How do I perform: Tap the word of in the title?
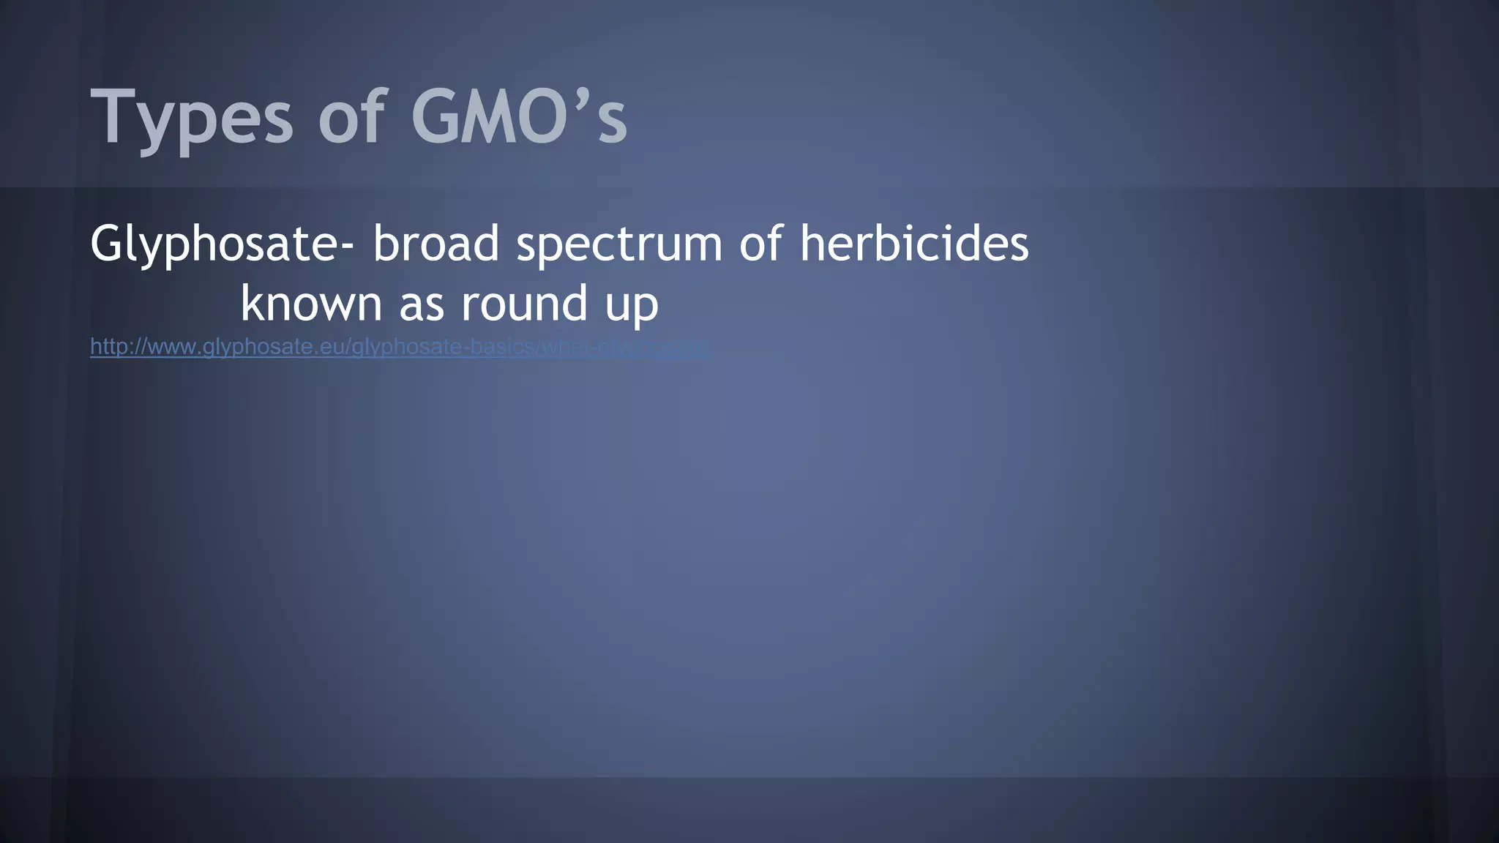pos(351,117)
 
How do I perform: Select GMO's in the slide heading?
pos(518,117)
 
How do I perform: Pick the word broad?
pos(436,243)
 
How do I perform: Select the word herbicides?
pos(914,243)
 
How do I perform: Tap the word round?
pos(525,304)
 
